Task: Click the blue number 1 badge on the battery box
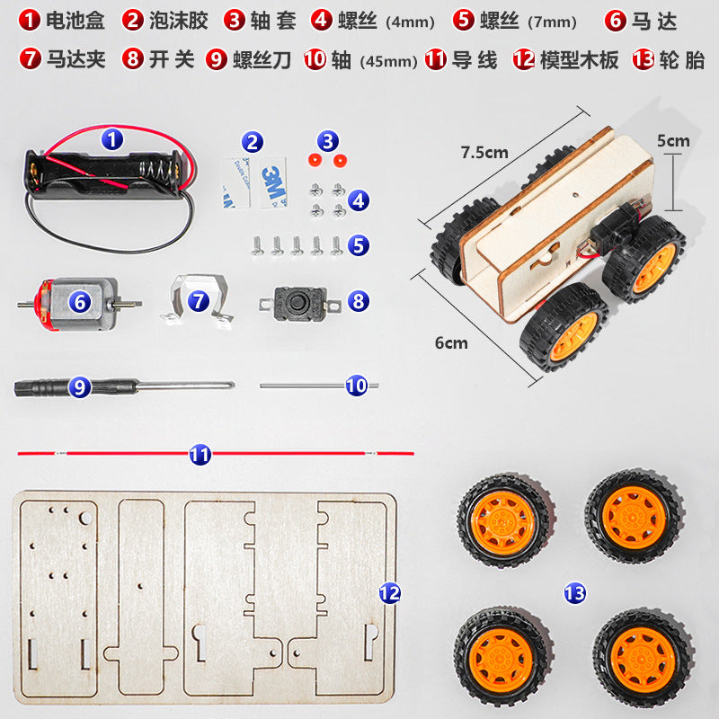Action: click(111, 139)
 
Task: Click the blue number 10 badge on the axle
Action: click(357, 386)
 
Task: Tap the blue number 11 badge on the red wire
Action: click(200, 455)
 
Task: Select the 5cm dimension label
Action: click(672, 140)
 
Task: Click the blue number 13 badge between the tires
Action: click(574, 592)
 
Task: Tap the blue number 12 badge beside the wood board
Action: click(389, 592)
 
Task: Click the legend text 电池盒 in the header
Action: click(75, 21)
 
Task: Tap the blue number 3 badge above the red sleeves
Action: click(328, 140)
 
